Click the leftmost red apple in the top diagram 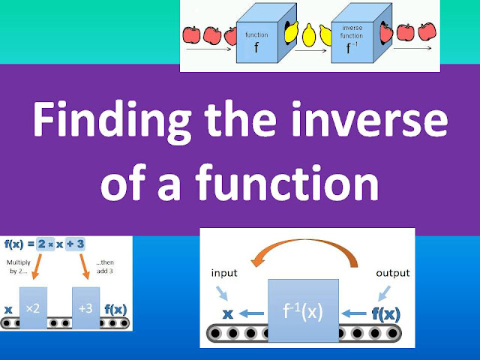(190, 34)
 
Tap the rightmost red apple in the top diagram (426, 32)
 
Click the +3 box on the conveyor (86, 307)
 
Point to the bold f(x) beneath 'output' (387, 311)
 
